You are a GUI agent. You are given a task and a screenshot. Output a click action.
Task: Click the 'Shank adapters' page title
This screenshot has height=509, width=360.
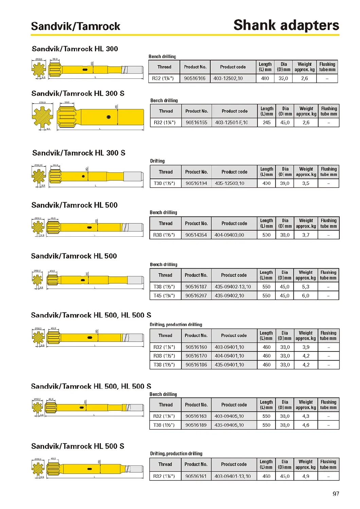click(286, 25)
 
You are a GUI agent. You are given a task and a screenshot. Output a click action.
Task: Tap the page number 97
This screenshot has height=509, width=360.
click(336, 494)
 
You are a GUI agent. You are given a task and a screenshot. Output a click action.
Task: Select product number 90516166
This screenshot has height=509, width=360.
click(195, 78)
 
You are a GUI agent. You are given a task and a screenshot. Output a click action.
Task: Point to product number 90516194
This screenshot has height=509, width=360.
click(196, 183)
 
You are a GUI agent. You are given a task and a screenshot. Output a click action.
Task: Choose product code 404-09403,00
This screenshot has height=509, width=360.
click(229, 235)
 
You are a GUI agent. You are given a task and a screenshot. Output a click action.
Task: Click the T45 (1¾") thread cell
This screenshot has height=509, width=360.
click(164, 296)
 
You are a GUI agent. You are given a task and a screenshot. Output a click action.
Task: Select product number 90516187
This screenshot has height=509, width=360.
click(196, 287)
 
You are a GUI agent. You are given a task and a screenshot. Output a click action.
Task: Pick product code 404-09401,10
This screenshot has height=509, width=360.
click(229, 356)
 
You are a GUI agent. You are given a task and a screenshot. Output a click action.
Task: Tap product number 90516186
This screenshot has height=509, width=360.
click(196, 365)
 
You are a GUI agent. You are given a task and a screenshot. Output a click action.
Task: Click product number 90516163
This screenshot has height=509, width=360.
click(196, 416)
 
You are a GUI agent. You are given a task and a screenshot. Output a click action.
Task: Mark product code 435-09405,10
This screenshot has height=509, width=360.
click(229, 425)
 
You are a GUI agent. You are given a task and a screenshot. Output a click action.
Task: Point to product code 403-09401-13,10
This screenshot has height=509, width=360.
click(232, 476)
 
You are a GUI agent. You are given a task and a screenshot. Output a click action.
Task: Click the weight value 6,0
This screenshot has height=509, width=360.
click(306, 296)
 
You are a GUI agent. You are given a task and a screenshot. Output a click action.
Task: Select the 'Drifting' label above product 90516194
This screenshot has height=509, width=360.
click(157, 161)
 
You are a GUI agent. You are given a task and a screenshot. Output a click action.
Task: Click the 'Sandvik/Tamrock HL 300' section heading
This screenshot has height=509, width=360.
click(75, 49)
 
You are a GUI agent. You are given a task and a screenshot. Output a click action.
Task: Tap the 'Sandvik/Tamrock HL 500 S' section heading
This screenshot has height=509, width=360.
click(77, 446)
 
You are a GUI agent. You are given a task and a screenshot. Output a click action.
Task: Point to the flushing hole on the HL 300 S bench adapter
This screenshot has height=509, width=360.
click(108, 117)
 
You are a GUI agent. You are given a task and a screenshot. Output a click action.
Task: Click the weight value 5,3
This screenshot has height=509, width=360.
click(306, 287)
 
